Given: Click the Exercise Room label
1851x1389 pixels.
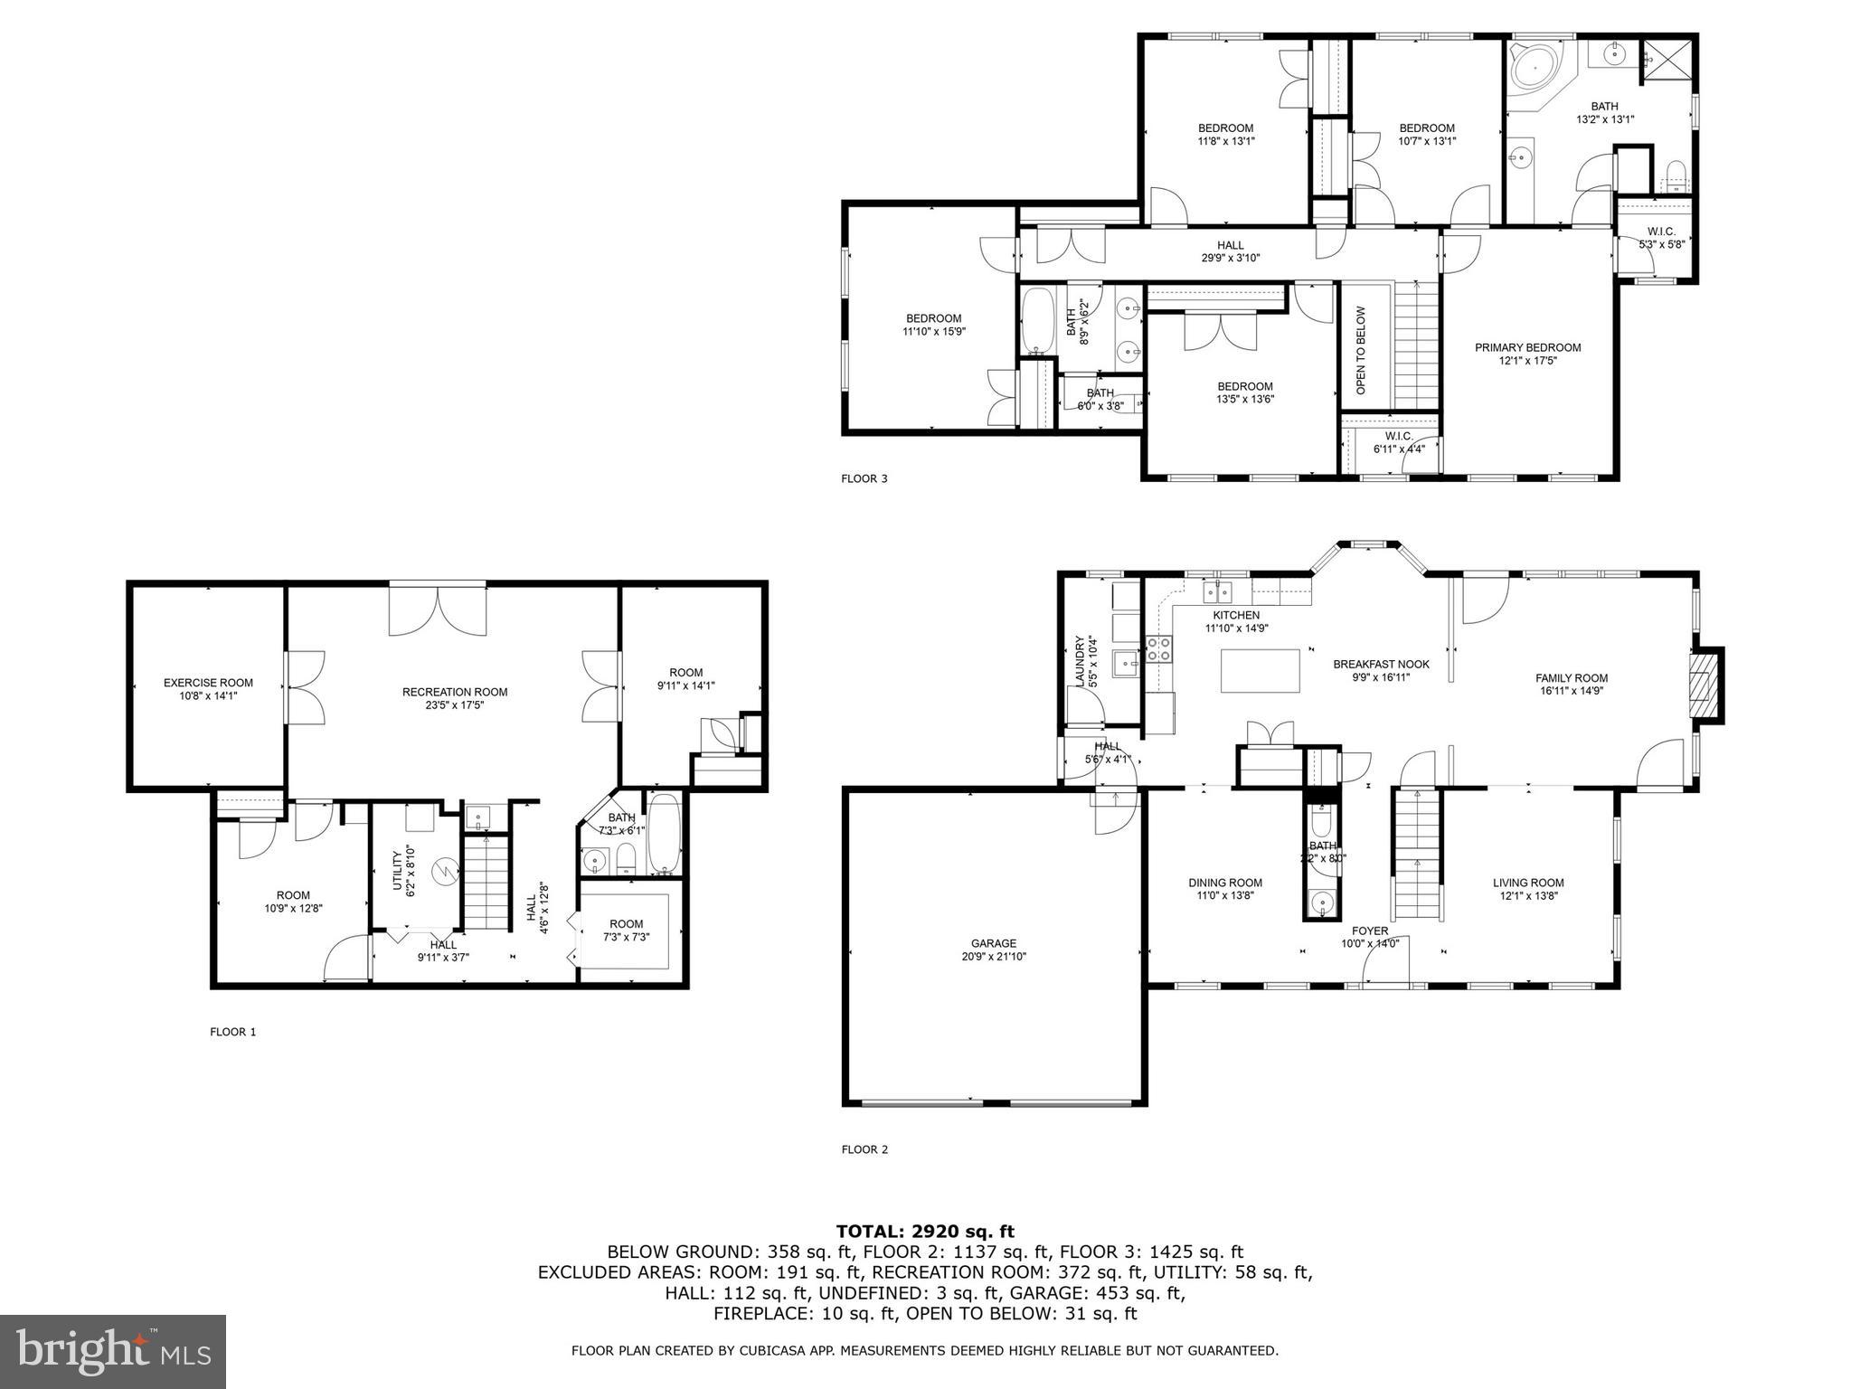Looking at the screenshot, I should click(x=208, y=683).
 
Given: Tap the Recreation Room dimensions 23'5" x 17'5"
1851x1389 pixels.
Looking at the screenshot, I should click(x=455, y=705).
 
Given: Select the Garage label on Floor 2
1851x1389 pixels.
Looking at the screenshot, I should click(x=994, y=943).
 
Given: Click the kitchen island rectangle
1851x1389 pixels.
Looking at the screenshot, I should click(x=1261, y=671).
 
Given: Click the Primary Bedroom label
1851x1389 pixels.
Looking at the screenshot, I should click(x=1527, y=347).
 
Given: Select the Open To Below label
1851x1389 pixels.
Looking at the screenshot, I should click(x=1361, y=350).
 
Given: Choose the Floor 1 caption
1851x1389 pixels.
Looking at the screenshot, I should click(x=233, y=1032).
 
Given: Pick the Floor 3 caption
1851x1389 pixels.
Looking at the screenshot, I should click(x=864, y=478).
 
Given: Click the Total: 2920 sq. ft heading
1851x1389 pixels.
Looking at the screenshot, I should click(x=925, y=1231).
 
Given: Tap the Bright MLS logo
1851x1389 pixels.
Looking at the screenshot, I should click(x=113, y=1351).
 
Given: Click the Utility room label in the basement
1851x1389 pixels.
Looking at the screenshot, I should click(x=397, y=869).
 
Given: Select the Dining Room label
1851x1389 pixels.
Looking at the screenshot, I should click(x=1224, y=883).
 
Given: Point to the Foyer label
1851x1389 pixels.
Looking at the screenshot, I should click(x=1369, y=931).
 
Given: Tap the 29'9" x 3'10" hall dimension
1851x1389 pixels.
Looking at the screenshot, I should click(x=1230, y=258).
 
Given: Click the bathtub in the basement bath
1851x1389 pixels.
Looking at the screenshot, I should click(x=665, y=834).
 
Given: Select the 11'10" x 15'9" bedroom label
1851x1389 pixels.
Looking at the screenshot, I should click(x=933, y=332).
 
